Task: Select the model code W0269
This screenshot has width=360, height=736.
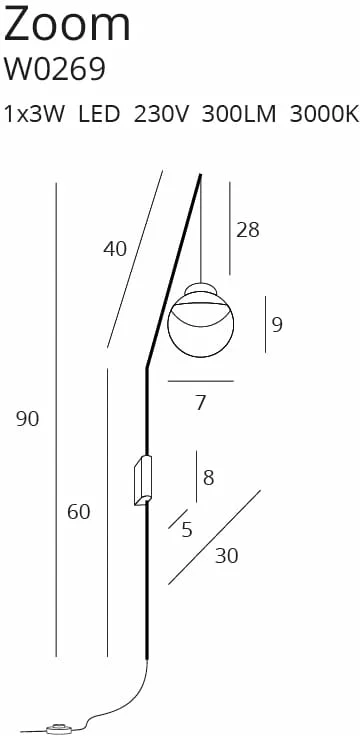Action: [x=54, y=69]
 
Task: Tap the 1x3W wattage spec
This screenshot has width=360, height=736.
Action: [x=34, y=115]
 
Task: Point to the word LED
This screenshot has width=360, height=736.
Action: [x=99, y=115]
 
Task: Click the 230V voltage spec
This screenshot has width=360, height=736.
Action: [x=161, y=115]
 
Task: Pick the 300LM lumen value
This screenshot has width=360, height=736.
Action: [x=239, y=115]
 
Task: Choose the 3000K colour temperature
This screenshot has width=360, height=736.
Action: [x=324, y=115]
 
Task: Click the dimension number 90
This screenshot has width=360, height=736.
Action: [x=28, y=419]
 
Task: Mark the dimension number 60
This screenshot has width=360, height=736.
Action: [x=78, y=512]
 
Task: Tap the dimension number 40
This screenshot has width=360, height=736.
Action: [x=115, y=249]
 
